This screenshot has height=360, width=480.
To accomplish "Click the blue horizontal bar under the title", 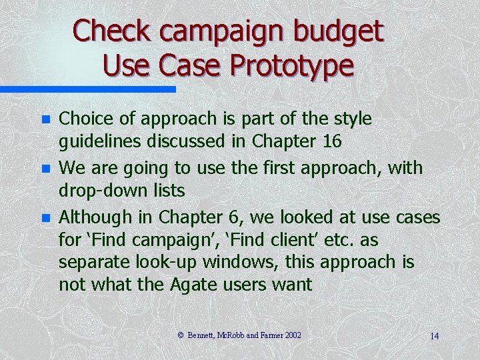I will tap(87, 89).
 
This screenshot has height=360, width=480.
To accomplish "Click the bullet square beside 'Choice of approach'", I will tap(45, 120).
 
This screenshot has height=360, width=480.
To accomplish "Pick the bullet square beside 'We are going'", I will tap(45, 168).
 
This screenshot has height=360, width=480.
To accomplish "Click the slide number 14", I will tap(434, 335).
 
